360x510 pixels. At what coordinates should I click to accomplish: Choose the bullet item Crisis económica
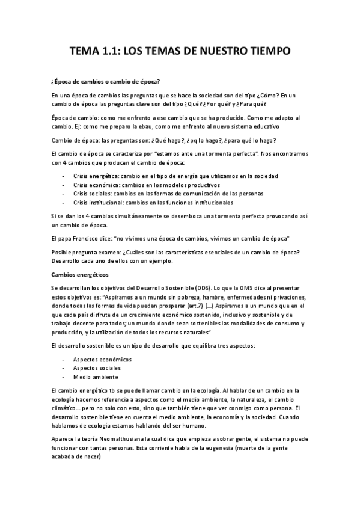click(96, 184)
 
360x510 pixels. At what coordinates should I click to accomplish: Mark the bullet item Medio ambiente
click(96, 377)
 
